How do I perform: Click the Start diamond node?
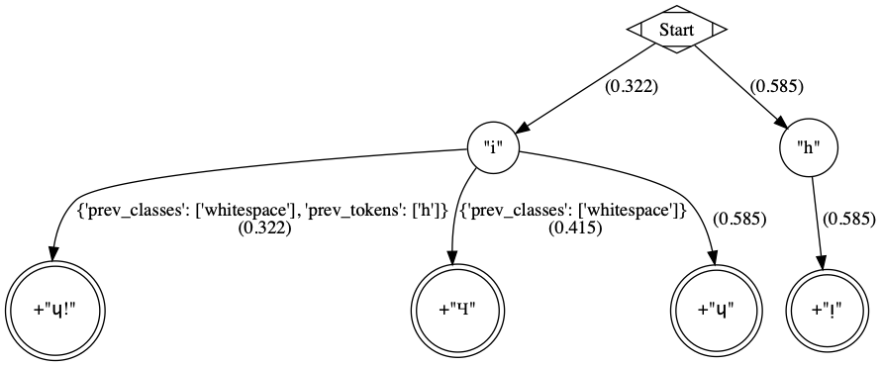click(677, 30)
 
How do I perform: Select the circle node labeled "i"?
click(493, 150)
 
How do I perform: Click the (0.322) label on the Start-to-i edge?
click(632, 86)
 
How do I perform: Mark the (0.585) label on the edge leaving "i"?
click(739, 219)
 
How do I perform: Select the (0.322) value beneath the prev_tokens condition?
click(262, 228)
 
